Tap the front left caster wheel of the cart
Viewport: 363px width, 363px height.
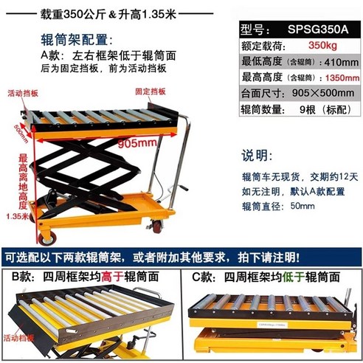tap(49, 238)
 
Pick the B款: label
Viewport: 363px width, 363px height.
tap(20, 277)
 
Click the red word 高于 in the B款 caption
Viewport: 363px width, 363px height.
tap(111, 277)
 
